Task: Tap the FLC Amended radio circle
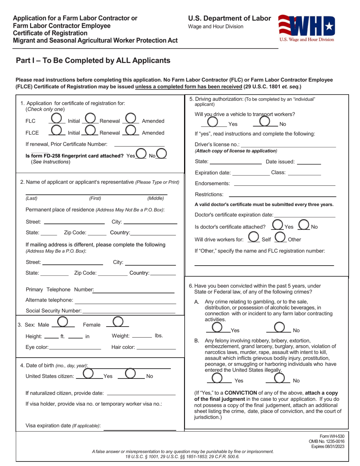131,120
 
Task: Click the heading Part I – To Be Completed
93,61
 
